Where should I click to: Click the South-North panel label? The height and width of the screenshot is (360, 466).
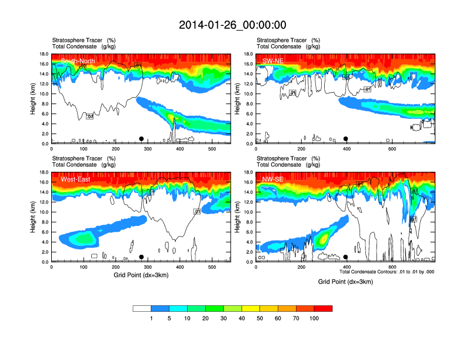[78, 61]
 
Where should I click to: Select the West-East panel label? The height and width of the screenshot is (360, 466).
[76, 179]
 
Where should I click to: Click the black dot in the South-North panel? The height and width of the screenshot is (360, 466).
[141, 139]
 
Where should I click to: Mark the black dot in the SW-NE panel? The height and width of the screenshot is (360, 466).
[346, 139]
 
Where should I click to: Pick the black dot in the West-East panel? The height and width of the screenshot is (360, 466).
[141, 257]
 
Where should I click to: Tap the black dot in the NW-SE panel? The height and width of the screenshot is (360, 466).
[346, 257]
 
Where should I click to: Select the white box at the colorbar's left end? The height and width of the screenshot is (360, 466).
[142, 308]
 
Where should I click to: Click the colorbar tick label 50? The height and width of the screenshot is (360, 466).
[259, 318]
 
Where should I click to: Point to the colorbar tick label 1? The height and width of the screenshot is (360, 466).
[151, 318]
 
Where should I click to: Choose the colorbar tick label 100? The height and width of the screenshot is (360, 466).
[314, 318]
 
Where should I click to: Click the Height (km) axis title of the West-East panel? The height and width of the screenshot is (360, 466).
[33, 217]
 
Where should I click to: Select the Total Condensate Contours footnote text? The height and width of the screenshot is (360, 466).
[387, 272]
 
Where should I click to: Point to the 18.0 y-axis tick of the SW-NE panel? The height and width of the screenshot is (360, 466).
[249, 54]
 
